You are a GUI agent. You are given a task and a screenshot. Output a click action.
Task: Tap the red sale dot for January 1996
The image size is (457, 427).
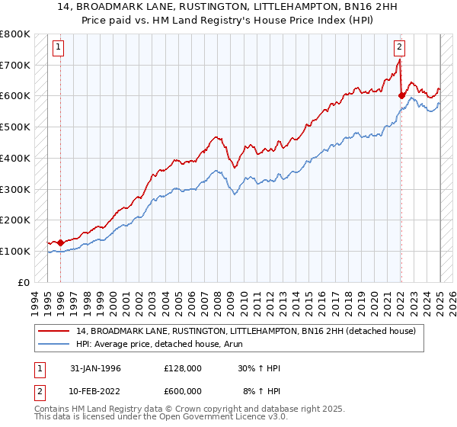60,242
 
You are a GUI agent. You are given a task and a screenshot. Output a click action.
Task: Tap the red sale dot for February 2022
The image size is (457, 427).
401,96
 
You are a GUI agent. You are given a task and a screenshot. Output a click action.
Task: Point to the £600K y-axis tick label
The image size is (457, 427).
15,96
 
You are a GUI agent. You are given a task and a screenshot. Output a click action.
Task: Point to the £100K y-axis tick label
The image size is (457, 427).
15,251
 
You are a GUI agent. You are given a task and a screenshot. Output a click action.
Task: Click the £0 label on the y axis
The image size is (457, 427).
24,282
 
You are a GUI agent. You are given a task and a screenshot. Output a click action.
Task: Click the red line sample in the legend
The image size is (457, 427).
54,331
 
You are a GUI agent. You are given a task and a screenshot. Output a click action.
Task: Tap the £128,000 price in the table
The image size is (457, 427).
182,368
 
